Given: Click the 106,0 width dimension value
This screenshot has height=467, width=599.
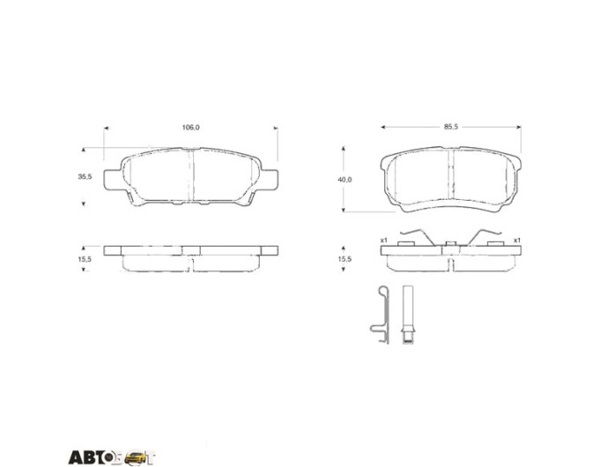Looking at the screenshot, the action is (190, 127).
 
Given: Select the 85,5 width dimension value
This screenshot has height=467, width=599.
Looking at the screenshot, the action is (451, 127).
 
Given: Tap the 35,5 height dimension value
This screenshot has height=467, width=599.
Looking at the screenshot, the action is (85, 176).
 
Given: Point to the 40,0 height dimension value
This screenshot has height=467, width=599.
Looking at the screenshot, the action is (344, 179).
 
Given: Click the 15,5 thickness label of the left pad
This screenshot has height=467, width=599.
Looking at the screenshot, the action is (85, 259).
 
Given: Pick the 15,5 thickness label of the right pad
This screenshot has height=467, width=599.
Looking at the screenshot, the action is (344, 259).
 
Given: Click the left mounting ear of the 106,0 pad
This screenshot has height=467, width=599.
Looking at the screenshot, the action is (113, 180).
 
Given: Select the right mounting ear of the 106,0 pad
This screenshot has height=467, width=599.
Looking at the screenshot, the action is (270, 180).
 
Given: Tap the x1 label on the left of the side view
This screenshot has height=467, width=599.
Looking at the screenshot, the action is (384, 241).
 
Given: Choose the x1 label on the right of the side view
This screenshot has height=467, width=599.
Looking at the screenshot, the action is (517, 241).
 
